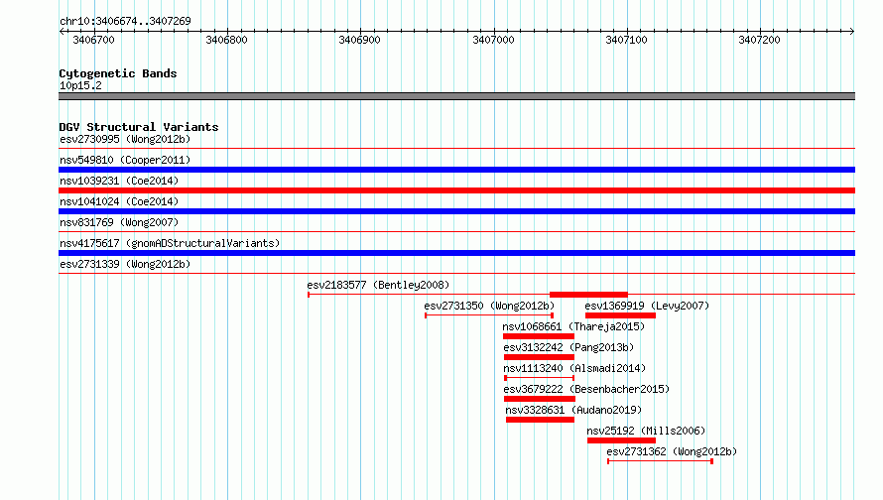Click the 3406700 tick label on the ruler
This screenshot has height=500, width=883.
tap(93, 40)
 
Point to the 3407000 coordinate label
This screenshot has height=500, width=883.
tap(493, 40)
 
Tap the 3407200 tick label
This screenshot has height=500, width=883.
tap(759, 40)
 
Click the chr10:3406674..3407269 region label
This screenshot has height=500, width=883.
tap(125, 21)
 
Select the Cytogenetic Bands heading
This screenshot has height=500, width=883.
tap(118, 73)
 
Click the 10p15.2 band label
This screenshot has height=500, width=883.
tap(80, 85)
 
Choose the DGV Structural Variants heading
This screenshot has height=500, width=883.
tap(139, 127)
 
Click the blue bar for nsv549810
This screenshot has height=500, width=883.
tap(456, 170)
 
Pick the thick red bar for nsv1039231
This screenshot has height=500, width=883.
tap(456, 190)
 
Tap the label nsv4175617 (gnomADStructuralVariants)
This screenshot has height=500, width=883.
tap(170, 243)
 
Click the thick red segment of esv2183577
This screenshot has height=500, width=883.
tap(588, 295)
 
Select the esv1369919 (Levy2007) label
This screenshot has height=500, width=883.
tap(647, 306)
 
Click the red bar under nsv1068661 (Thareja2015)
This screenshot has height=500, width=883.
tap(539, 336)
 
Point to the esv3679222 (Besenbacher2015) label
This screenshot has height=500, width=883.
tap(586, 389)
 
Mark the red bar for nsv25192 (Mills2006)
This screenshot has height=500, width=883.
tap(621, 440)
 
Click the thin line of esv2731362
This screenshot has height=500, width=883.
tap(661, 461)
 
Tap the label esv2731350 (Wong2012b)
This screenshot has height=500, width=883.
tap(489, 306)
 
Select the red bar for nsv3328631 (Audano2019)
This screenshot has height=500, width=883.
tap(540, 420)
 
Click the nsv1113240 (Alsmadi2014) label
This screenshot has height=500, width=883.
tap(574, 368)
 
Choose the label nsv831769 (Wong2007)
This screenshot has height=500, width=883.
tap(119, 222)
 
